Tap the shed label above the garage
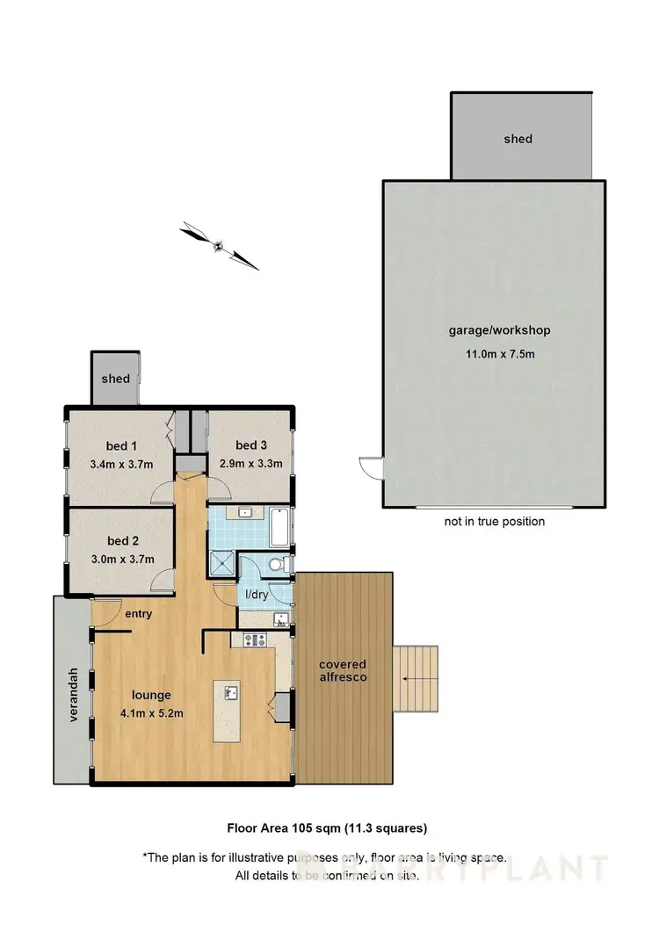pyautogui.click(x=518, y=138)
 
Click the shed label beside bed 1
pyautogui.click(x=115, y=379)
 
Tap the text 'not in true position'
pyautogui.click(x=494, y=521)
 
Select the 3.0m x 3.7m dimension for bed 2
pyautogui.click(x=122, y=559)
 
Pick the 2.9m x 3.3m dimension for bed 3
pyautogui.click(x=250, y=464)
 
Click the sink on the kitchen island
pyautogui.click(x=232, y=693)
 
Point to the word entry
pyautogui.click(x=139, y=614)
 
